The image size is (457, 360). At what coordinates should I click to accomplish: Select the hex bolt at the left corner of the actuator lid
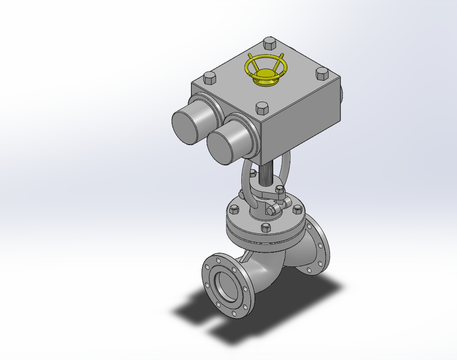(x=209, y=77)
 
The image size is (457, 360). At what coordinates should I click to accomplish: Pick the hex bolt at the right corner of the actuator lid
(x=322, y=74)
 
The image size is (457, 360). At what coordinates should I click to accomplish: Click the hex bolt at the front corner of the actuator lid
(x=262, y=109)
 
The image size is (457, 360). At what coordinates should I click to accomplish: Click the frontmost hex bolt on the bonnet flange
(x=265, y=227)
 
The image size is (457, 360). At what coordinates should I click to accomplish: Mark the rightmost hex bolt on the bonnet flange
(x=297, y=210)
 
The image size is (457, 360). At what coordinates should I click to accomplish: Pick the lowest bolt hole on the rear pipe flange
(x=309, y=270)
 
